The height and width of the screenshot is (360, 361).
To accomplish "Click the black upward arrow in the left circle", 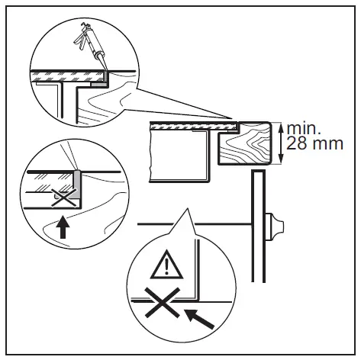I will [x=62, y=227].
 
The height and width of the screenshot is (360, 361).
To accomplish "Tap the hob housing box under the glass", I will [x=179, y=156].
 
